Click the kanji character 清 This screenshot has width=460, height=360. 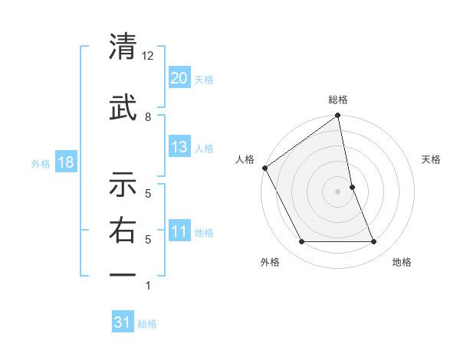click(123, 47)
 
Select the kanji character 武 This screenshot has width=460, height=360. click(123, 107)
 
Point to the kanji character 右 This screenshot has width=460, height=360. click(123, 231)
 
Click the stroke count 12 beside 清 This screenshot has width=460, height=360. click(148, 56)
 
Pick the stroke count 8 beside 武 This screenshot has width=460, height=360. click(148, 116)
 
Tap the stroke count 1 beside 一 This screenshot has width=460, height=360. click(148, 286)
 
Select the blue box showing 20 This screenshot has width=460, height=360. click(179, 77)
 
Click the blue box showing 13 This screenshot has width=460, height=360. click(179, 147)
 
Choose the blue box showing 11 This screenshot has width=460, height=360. click(179, 231)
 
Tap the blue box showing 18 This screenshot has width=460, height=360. click(65, 163)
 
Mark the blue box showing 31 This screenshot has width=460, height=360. click(123, 322)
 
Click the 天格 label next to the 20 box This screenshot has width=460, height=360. click(204, 79)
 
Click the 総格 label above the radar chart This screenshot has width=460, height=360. click(338, 100)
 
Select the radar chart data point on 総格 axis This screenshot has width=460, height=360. click(338, 116)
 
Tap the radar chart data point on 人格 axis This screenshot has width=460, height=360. click(264, 168)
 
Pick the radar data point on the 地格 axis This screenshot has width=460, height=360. click(374, 242)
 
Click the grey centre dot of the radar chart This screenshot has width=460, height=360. click(338, 191)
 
